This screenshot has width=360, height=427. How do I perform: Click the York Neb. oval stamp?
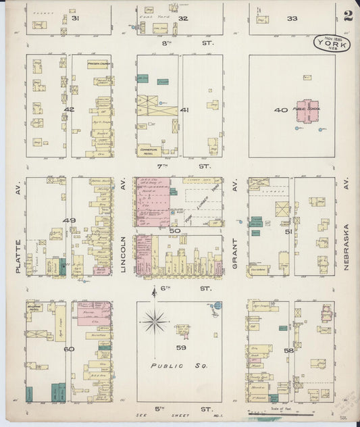(332, 44)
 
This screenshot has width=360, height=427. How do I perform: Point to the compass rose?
(155, 322)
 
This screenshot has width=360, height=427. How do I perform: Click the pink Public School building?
(305, 111)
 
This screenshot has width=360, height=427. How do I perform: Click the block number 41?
(184, 109)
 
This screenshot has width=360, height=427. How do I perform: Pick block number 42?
(68, 109)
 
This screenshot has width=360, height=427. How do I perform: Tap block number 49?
(68, 221)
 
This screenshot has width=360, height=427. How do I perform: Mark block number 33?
(292, 18)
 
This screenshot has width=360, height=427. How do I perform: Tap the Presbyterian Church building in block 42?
(99, 66)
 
